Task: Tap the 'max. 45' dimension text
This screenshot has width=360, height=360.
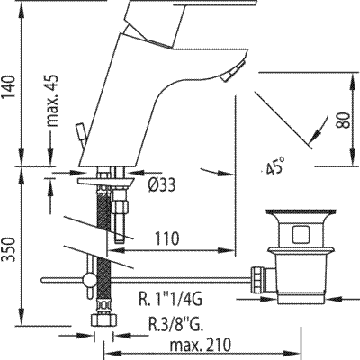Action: pos(52,100)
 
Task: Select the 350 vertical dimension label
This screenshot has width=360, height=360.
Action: pos(9,249)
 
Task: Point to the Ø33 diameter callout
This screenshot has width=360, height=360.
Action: pos(162,185)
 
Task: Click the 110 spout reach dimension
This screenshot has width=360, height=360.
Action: pos(166,238)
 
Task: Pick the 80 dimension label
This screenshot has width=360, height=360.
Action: pos(343,121)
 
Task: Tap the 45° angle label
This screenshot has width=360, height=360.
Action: pos(275,166)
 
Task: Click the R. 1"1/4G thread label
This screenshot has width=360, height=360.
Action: pos(170,299)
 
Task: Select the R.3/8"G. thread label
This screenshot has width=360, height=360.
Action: pos(176,324)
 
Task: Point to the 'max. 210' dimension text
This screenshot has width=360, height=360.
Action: pos(201,345)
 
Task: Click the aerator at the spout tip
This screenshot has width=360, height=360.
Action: pos(233,71)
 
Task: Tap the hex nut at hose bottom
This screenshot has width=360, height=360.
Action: pos(103,319)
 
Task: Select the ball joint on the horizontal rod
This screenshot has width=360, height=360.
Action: pos(89,280)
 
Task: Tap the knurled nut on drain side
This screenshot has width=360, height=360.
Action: pos(259,280)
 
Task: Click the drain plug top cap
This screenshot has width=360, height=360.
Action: pos(301,212)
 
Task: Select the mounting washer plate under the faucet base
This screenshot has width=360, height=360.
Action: pos(106,182)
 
